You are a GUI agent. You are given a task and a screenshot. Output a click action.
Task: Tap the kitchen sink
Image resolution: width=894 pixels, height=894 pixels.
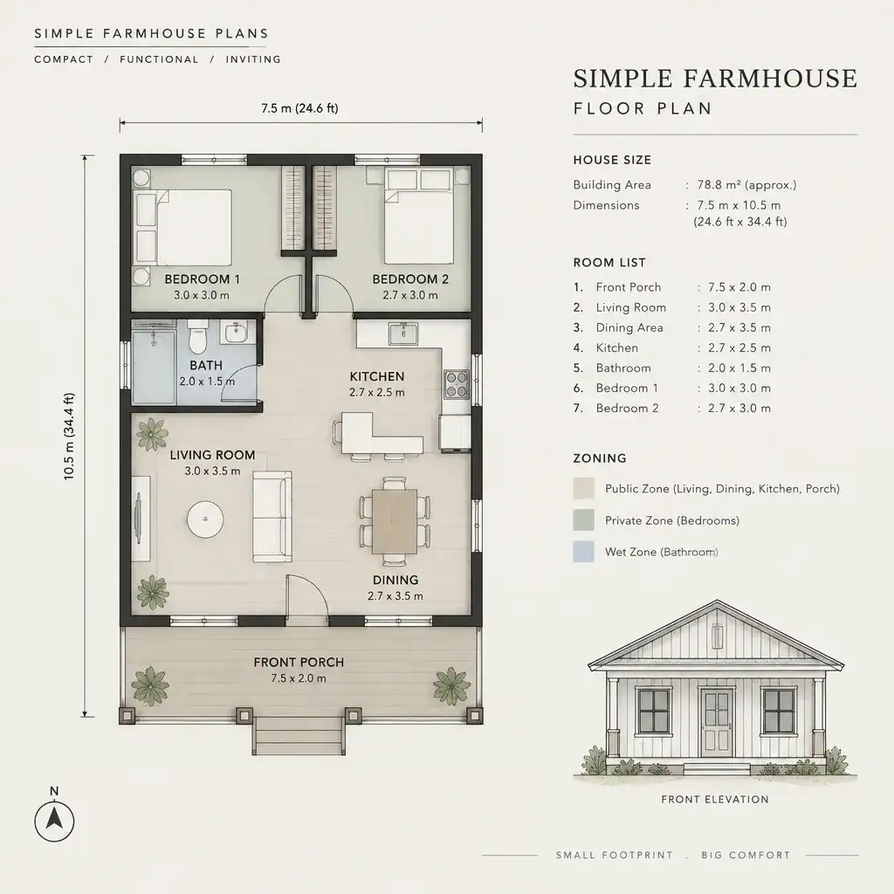(403, 334)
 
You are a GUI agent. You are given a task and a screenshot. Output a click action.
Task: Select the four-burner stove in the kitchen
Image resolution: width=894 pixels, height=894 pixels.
(457, 384)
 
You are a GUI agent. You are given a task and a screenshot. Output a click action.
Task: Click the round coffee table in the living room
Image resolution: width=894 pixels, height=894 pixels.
(205, 519)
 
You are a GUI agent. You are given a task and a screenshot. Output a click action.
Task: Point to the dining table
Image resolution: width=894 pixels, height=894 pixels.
(395, 521)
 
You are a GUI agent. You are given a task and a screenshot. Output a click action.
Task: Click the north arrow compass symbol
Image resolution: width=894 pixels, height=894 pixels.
(54, 821)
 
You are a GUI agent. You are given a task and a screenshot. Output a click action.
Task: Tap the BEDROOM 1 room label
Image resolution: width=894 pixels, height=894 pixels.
(202, 279)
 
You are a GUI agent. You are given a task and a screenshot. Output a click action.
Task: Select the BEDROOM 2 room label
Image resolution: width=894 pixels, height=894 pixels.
(410, 279)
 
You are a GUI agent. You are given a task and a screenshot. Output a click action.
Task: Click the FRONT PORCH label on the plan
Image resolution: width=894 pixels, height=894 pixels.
(299, 663)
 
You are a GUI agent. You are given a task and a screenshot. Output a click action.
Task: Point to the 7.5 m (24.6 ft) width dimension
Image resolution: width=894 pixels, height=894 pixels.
(300, 108)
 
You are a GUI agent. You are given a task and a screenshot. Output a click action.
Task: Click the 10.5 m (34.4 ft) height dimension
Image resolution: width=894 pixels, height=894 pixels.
(69, 437)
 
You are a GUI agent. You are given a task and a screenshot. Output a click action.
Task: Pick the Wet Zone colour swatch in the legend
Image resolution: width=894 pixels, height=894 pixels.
(583, 552)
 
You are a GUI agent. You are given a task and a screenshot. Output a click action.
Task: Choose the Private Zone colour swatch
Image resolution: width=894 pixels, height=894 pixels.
(583, 520)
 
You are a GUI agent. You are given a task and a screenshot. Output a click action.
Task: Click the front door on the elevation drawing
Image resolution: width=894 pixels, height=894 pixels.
(716, 722)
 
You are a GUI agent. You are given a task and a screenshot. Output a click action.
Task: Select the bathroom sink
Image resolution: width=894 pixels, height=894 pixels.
(235, 333)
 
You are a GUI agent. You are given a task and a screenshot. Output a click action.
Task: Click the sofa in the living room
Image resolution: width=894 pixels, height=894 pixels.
(272, 517)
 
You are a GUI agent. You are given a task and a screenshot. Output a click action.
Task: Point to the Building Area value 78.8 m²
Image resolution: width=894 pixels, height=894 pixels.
(746, 185)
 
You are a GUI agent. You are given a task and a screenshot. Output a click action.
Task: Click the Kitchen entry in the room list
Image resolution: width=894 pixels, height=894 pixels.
(617, 347)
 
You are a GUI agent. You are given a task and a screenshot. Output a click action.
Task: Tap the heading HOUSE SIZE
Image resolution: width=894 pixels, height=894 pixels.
(612, 161)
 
